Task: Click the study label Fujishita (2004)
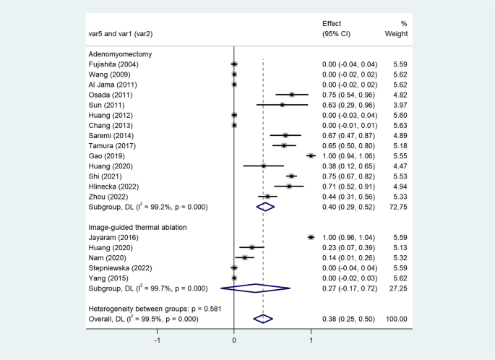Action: (x=113, y=64)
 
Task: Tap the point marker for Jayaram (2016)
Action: (x=311, y=236)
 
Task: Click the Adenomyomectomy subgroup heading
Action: (x=120, y=54)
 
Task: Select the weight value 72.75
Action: (x=397, y=207)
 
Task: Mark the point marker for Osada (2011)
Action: (x=291, y=95)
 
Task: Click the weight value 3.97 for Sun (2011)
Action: (x=399, y=105)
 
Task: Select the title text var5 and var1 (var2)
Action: (x=124, y=34)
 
